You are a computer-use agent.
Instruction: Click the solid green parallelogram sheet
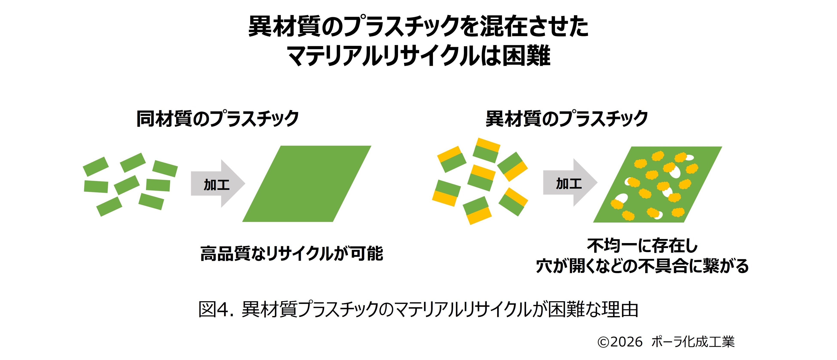pos(307,184)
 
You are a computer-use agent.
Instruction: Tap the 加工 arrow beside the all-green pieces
pos(217,184)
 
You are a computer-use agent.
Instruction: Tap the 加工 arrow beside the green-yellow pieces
pos(569,183)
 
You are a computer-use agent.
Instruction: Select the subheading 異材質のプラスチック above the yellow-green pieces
pos(567,119)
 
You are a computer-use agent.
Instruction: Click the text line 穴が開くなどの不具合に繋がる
pos(642,266)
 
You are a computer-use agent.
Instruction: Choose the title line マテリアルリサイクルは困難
pos(418,56)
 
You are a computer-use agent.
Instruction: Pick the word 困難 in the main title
pos(526,56)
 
